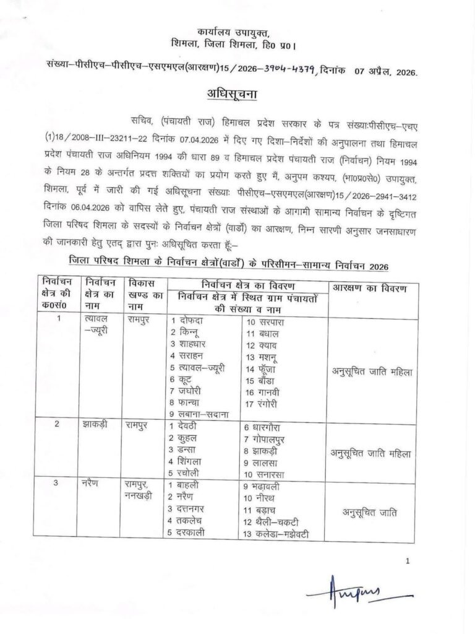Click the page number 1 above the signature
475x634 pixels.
tap(408, 561)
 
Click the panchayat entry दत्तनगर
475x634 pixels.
tap(195, 508)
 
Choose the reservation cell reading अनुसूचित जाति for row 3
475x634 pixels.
tap(370, 512)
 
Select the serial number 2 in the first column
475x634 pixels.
tap(58, 424)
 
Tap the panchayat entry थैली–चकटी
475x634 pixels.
tap(276, 521)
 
